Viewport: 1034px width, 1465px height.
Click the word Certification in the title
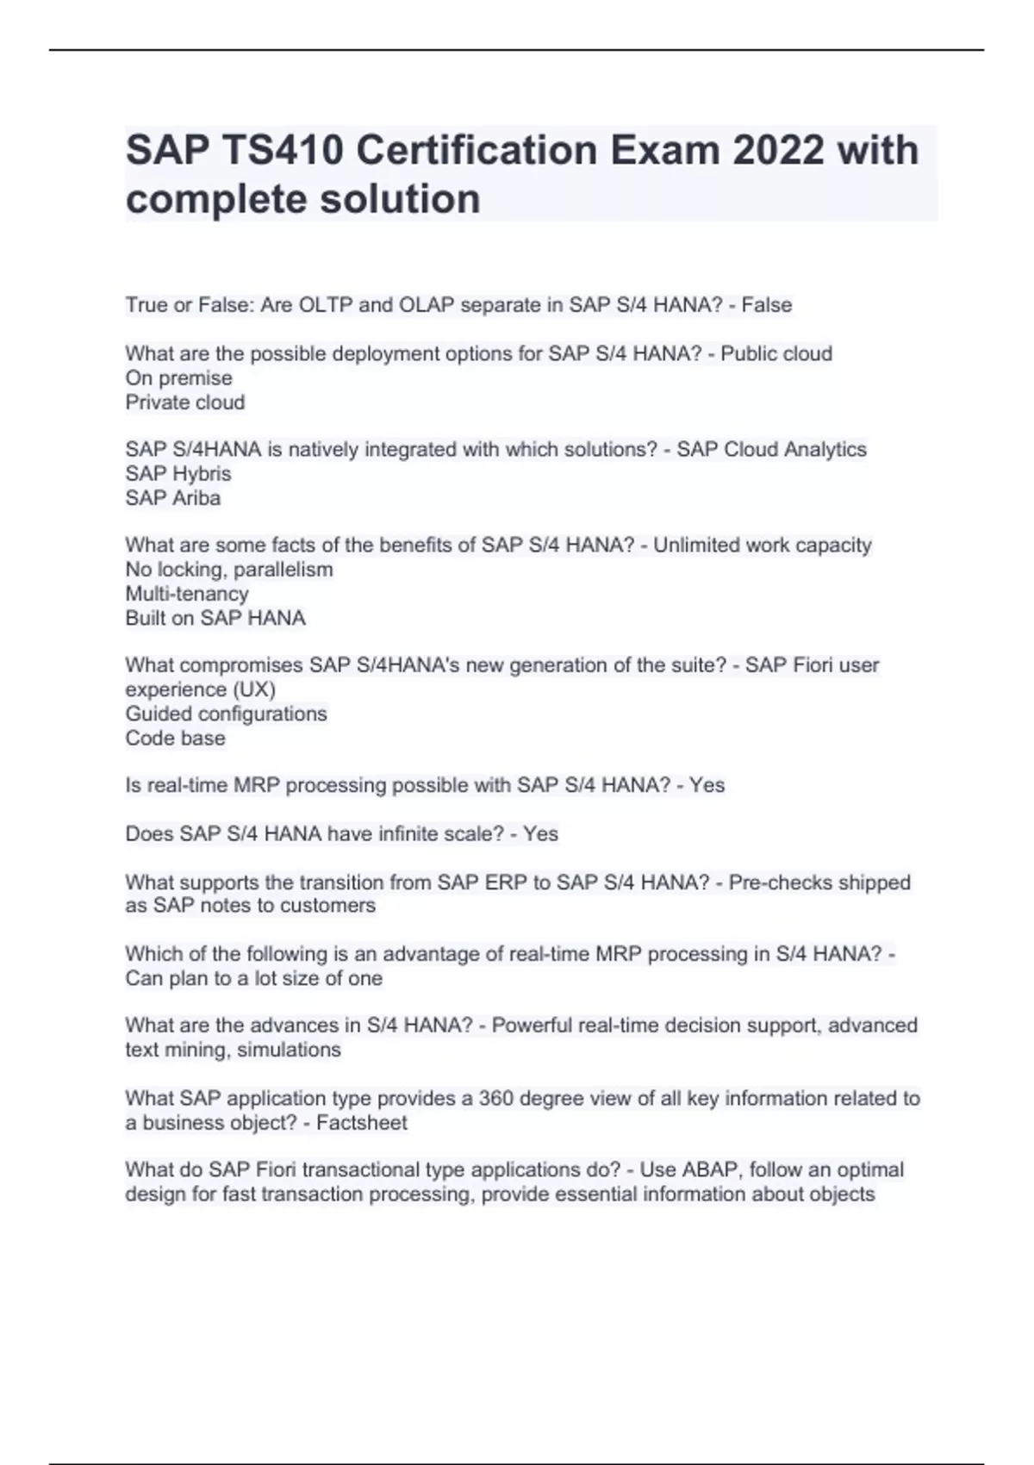(477, 151)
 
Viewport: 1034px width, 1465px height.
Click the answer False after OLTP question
(767, 305)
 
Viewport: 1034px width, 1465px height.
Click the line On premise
(178, 378)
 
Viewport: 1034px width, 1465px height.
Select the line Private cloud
(185, 402)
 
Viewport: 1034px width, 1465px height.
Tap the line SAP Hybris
(178, 474)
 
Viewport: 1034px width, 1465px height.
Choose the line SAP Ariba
(173, 498)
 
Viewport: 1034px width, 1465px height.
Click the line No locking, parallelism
(229, 570)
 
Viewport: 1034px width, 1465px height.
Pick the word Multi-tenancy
(187, 594)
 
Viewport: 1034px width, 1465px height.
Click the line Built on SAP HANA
(215, 618)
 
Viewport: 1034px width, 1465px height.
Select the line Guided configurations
(227, 714)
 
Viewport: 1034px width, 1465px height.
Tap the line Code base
(176, 739)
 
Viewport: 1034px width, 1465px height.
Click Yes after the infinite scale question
(540, 834)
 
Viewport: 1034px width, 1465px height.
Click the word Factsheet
(362, 1123)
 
